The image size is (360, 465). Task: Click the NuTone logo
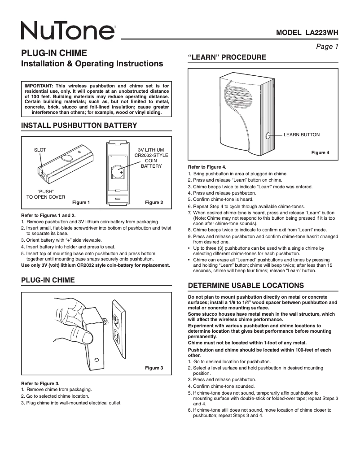click(67, 31)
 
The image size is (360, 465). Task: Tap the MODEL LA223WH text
click(307, 33)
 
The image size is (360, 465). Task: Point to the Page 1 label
click(327, 46)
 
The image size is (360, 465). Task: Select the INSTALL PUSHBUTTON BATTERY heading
click(79, 125)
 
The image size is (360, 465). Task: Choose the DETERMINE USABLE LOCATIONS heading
click(246, 286)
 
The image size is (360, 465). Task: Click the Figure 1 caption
click(81, 202)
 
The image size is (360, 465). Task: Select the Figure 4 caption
click(320, 152)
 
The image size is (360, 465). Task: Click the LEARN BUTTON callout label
click(302, 135)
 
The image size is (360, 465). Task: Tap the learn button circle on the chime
click(268, 135)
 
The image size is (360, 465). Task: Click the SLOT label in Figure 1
click(40, 150)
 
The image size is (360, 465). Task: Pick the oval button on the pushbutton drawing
click(67, 157)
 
